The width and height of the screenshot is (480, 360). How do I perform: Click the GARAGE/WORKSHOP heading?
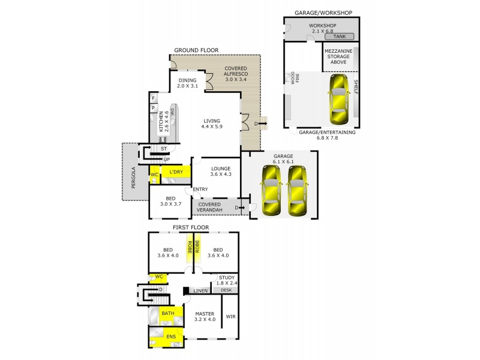click(323, 12)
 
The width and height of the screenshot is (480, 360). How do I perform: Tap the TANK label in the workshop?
click(340, 37)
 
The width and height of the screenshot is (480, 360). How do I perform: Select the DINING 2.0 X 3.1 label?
click(187, 83)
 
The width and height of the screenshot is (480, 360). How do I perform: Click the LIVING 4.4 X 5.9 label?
click(212, 124)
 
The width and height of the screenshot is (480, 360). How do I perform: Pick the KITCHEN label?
click(161, 122)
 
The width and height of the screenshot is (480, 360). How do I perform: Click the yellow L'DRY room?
click(176, 173)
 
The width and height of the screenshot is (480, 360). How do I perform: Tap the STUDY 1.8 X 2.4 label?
click(226, 280)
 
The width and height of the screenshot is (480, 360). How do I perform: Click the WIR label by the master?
click(230, 316)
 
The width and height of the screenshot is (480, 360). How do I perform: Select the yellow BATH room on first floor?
click(167, 313)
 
